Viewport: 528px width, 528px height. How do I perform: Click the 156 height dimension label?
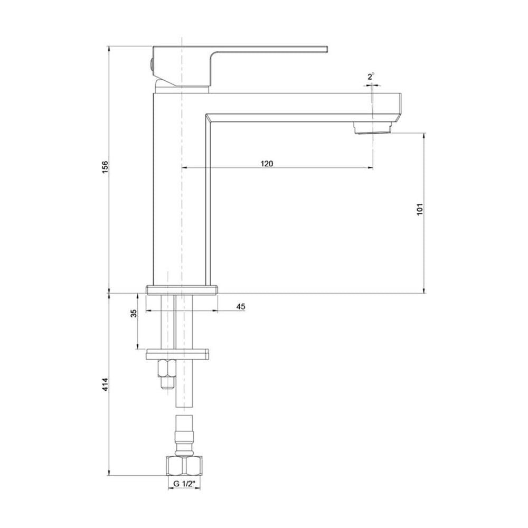tap(106, 167)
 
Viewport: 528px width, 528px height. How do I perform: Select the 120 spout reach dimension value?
tap(267, 164)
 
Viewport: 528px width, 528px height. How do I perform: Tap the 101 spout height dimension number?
tap(420, 209)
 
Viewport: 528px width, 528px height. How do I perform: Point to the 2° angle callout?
tap(371, 77)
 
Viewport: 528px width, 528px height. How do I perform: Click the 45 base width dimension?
tap(241, 306)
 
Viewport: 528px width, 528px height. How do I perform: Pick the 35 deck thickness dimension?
tap(134, 313)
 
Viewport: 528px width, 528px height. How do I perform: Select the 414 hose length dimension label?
tap(106, 384)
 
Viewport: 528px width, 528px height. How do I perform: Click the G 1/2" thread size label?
tap(184, 484)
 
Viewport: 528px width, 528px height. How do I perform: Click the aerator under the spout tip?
tap(373, 128)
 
